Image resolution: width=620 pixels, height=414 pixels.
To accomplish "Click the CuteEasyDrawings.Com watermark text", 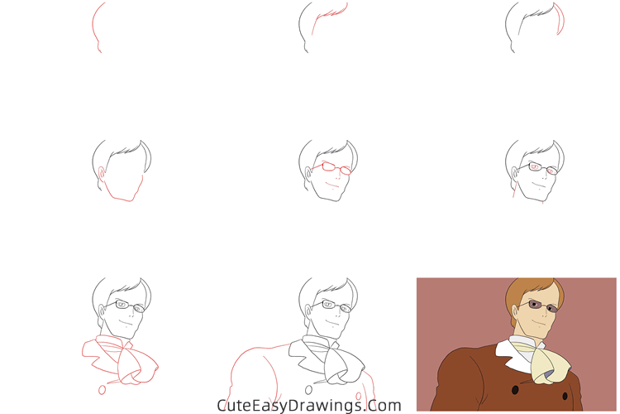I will (308, 406).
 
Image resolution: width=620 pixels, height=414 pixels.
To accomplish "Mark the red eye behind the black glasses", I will (535, 168).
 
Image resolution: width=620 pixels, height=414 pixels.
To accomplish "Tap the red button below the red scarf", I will (103, 389).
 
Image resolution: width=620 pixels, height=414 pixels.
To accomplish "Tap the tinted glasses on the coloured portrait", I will (537, 306).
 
